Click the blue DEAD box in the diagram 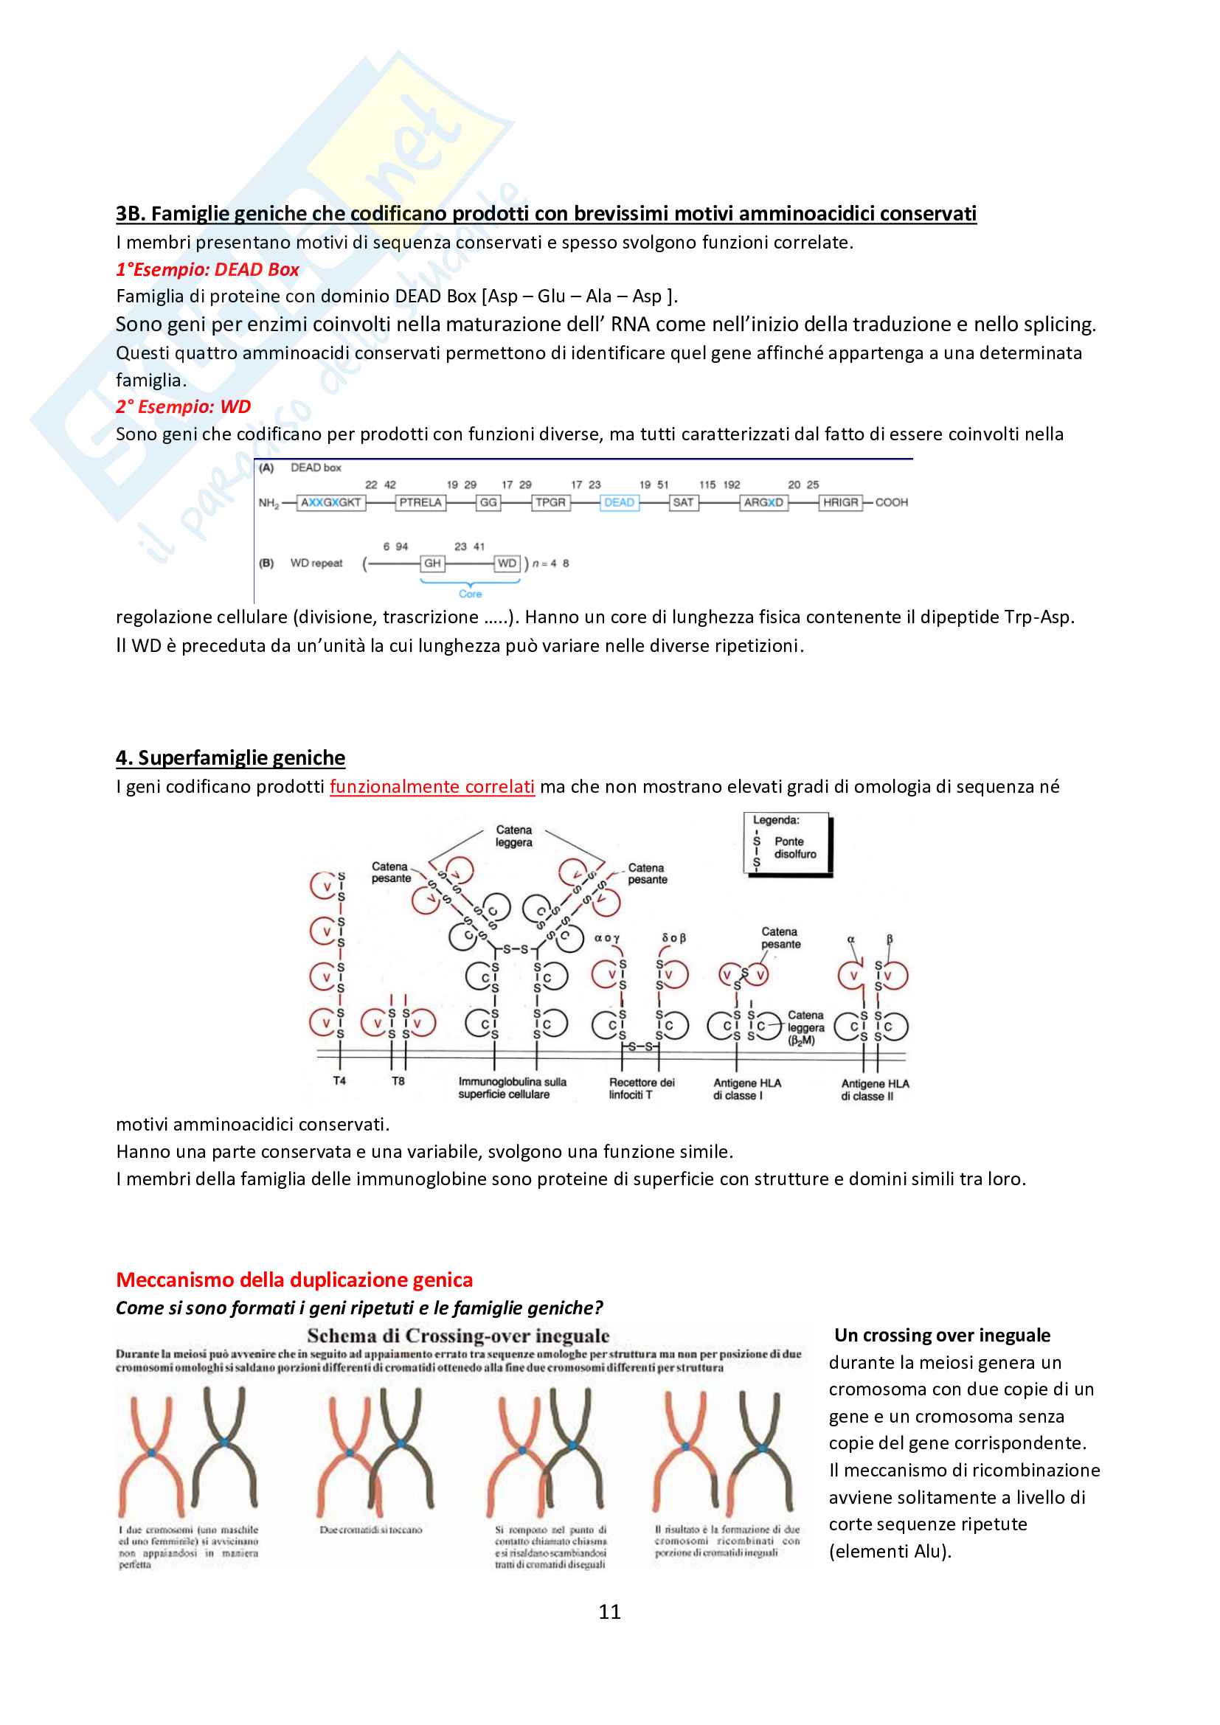[619, 503]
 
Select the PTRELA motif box [420, 503]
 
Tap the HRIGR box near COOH [840, 503]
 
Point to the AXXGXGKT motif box [330, 503]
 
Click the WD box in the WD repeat [507, 563]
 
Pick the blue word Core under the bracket [471, 594]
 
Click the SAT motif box [683, 503]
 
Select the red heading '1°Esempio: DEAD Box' [207, 270]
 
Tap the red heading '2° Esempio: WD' [184, 406]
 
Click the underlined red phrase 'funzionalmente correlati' [432, 787]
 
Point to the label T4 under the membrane [339, 1081]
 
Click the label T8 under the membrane [398, 1081]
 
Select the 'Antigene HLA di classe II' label [875, 1090]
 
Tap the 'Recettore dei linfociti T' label [642, 1089]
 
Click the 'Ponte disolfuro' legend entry [795, 848]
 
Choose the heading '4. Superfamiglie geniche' [231, 757]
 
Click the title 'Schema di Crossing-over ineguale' [458, 1336]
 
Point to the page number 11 [609, 1611]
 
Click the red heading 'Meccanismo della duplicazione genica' [294, 1280]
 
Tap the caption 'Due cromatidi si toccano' [371, 1530]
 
